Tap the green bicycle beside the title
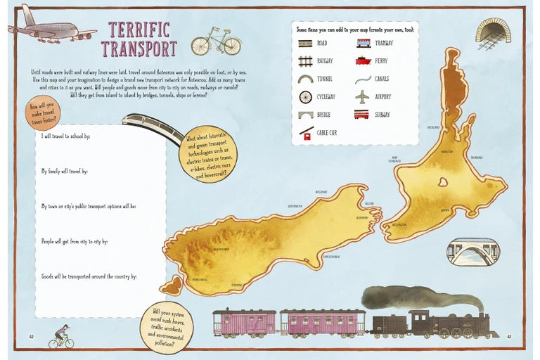[x=216, y=42]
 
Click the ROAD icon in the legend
[x=305, y=43]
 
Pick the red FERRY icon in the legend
[x=363, y=61]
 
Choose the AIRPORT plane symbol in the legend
[x=362, y=96]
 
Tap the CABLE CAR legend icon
[x=305, y=133]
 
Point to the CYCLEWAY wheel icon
[x=305, y=97]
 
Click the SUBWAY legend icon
[x=361, y=114]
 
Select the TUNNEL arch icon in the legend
[x=305, y=79]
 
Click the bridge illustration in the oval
[x=472, y=251]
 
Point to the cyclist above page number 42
[x=61, y=336]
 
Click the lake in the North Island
[x=443, y=181]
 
